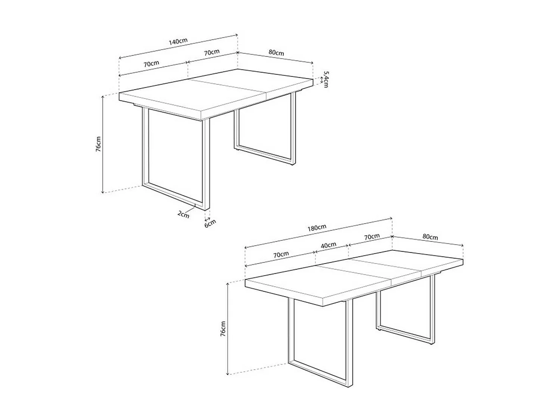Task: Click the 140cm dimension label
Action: (178, 41)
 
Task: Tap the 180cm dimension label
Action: (317, 227)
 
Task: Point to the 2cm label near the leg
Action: (183, 214)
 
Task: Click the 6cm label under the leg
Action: (210, 223)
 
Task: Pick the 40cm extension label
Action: (329, 246)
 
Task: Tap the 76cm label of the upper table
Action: (98, 144)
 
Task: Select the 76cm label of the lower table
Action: (223, 329)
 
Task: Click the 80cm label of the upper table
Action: (276, 53)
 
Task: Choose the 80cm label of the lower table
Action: (430, 237)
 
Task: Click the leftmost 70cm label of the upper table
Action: (152, 63)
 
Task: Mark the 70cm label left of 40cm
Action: (281, 255)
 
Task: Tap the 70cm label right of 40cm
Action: (372, 237)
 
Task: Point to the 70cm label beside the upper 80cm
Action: (212, 52)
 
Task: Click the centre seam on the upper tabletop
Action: (228, 89)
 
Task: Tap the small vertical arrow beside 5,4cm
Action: (321, 80)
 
